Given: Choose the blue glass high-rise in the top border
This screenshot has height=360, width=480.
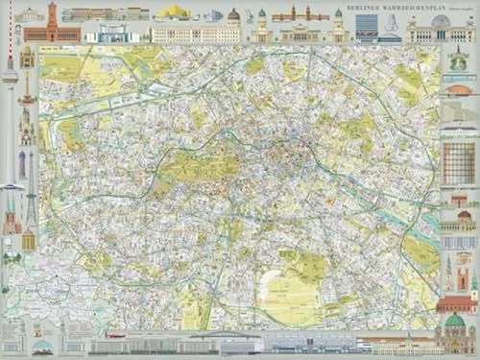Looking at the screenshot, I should click(x=367, y=27).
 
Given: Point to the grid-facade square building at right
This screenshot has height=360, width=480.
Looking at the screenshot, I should click(x=459, y=163).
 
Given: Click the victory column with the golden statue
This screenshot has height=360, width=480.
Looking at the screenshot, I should click(x=27, y=96).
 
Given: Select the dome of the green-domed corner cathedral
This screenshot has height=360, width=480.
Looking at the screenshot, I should click(x=454, y=321).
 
